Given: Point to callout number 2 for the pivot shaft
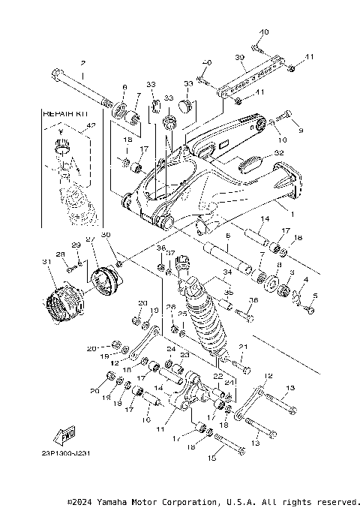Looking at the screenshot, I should [x=82, y=63].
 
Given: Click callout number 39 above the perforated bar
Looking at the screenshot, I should [x=240, y=58].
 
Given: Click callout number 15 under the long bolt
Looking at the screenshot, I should [x=211, y=457].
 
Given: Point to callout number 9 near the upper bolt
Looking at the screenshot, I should [x=301, y=131].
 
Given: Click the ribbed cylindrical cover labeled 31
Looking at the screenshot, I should [x=64, y=304].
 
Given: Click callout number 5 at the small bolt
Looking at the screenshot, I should [x=314, y=296].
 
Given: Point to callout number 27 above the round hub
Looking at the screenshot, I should [x=88, y=240].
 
